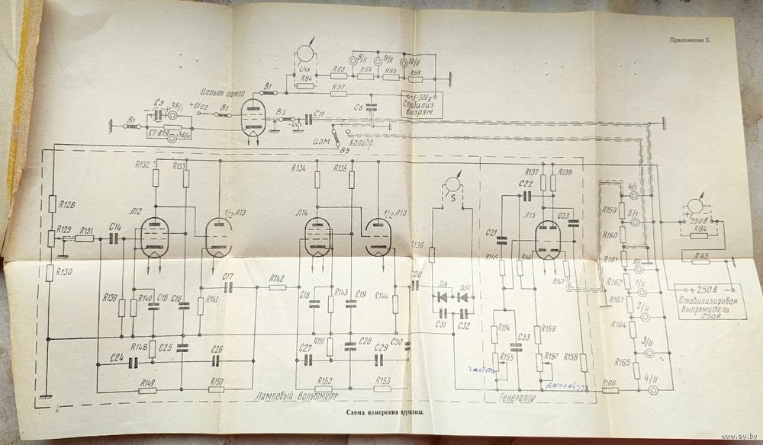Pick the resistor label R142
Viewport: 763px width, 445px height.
(x=276, y=277)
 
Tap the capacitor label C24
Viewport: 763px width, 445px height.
(x=117, y=357)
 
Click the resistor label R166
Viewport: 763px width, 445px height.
(x=608, y=383)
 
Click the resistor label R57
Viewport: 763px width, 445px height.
(x=340, y=88)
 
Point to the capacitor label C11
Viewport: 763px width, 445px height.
(x=320, y=113)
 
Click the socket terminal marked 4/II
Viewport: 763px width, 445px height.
(x=654, y=390)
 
